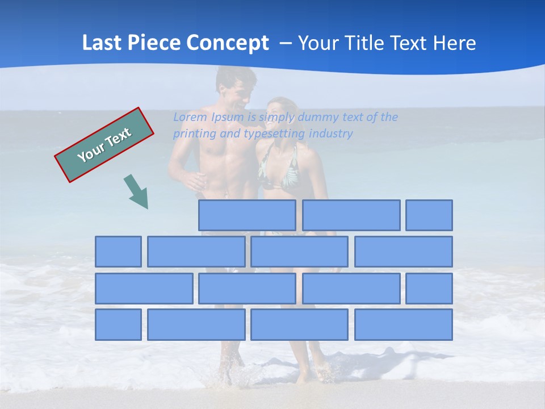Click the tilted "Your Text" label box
(x=104, y=145)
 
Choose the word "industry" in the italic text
(x=331, y=134)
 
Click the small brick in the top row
(x=429, y=215)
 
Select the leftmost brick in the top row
(x=248, y=215)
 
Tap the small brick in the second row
(x=118, y=252)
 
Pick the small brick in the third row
(x=429, y=289)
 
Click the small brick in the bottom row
(x=118, y=325)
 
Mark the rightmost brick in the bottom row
(x=404, y=325)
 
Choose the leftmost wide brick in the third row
(x=144, y=289)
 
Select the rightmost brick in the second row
(x=404, y=252)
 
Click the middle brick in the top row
(x=351, y=215)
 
